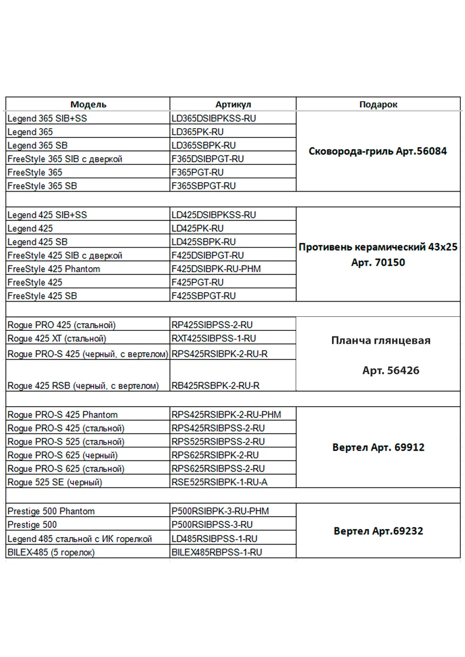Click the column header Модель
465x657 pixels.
coord(88,105)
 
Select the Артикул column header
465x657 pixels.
coord(233,105)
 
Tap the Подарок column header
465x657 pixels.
coord(378,105)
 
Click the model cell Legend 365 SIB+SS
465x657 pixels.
coord(47,118)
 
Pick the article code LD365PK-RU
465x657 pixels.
coord(198,132)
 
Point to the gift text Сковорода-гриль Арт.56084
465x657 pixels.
coord(378,151)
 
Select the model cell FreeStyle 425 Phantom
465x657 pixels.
coord(53,269)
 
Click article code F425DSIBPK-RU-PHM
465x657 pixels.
coord(216,269)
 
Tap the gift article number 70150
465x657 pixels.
coord(390,263)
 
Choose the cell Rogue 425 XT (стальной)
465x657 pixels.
coord(57,339)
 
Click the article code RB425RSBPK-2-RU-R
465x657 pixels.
coord(216,386)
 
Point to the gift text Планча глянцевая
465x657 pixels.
coord(381,341)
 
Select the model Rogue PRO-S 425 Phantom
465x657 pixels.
coord(62,415)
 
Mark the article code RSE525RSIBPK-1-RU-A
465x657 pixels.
coord(219,482)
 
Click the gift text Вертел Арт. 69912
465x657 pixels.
coord(378,447)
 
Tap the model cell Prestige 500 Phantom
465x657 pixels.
coord(51,512)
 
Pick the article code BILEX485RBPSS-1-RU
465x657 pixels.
coord(217,552)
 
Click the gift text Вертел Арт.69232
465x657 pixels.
coord(378,531)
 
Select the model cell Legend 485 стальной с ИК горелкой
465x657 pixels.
coord(80,539)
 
